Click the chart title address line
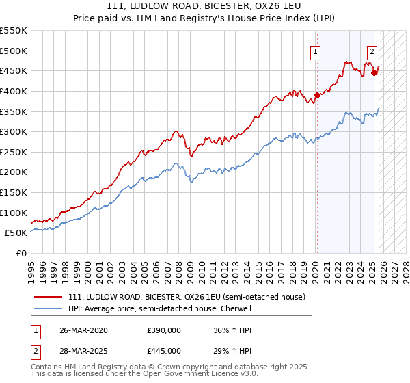pos(205,6)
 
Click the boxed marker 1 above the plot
pos(316,51)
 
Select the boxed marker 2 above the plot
pos(372,51)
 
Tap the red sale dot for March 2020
pos(317,95)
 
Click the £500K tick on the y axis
pos(14,51)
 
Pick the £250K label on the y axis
pos(14,152)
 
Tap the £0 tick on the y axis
pos(22,253)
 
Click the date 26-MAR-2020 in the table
pos(83,330)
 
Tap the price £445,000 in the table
pos(163,351)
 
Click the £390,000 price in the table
pos(163,330)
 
